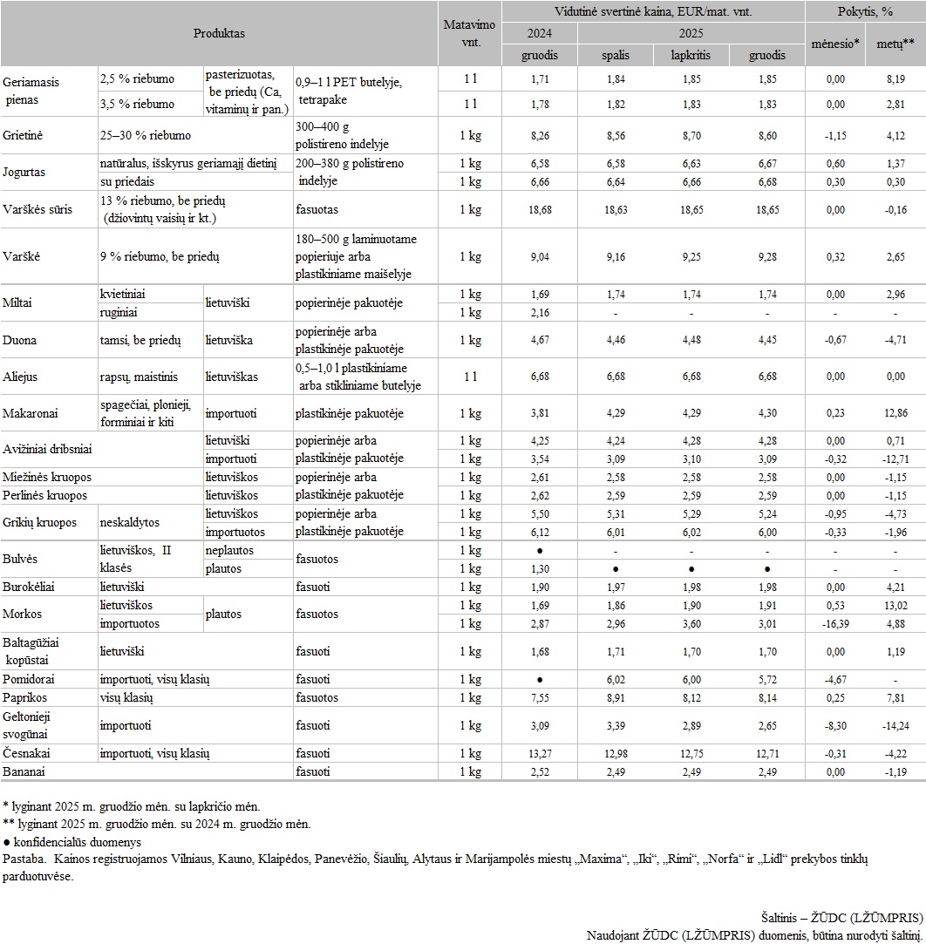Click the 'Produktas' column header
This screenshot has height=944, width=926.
(219, 33)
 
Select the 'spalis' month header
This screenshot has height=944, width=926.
(615, 55)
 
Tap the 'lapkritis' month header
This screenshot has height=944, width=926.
(690, 55)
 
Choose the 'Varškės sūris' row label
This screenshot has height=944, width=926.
(37, 210)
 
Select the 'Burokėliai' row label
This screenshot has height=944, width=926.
(31, 587)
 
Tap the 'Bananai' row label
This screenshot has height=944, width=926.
(25, 771)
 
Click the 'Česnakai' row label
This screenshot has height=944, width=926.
(28, 753)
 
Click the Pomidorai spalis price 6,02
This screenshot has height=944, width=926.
(615, 679)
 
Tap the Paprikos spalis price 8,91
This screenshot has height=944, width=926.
(615, 697)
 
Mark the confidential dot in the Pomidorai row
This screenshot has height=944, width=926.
(540, 679)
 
